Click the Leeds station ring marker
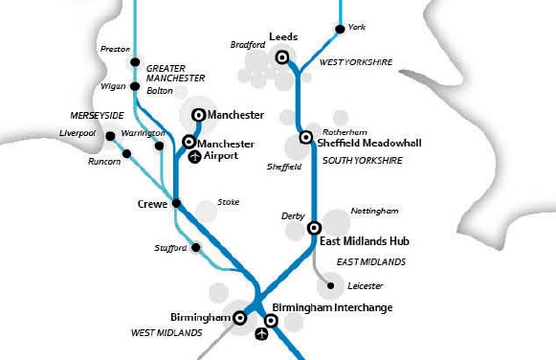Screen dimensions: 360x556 [282, 57]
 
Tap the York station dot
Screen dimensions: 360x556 [340, 30]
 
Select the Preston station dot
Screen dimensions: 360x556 [136, 50]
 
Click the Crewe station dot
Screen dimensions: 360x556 [175, 203]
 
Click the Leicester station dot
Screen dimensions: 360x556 [331, 285]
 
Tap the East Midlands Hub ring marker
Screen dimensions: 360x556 [313, 228]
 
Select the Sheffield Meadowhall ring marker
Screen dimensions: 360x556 [305, 137]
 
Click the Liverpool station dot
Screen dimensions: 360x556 [111, 135]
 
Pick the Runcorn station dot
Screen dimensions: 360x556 [126, 153]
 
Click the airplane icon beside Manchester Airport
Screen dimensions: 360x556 [194, 155]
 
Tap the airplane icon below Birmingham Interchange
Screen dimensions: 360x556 [263, 334]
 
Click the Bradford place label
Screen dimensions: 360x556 [248, 44]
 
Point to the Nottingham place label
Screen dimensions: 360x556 [374, 210]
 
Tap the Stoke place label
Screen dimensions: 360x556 [229, 202]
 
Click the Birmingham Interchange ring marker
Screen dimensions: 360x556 [271, 321]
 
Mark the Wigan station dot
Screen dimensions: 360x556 [136, 87]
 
